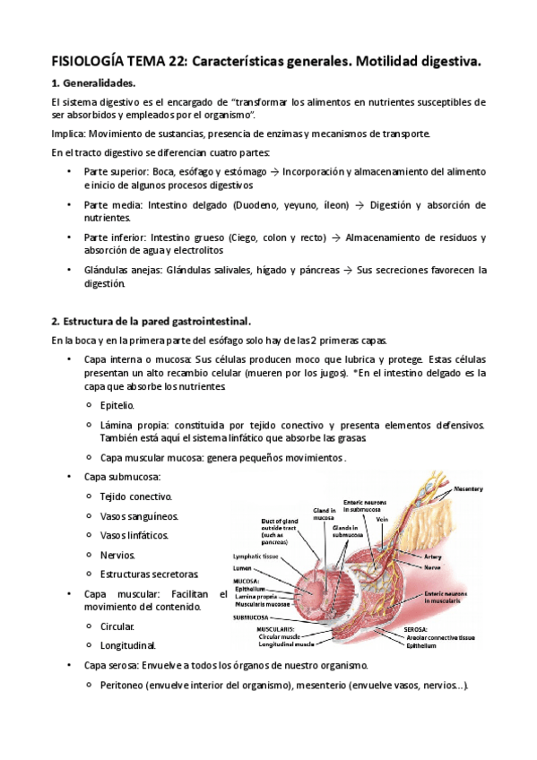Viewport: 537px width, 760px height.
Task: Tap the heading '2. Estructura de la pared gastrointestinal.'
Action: click(151, 321)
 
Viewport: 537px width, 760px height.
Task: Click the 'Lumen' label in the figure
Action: click(243, 569)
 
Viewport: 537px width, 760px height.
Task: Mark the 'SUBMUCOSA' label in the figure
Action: click(254, 617)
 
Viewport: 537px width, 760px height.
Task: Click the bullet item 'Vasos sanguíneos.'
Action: click(139, 515)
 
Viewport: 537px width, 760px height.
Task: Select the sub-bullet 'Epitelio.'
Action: click(117, 405)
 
